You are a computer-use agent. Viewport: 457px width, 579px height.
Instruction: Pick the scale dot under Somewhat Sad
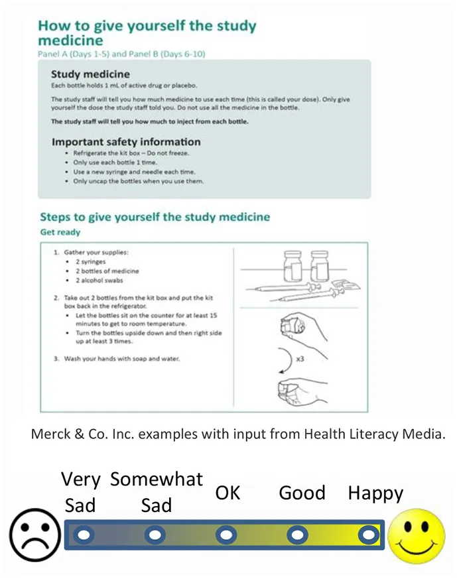(x=155, y=535)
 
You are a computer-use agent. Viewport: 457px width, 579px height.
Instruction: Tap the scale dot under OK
(x=226, y=535)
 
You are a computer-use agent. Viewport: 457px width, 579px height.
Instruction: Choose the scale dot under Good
(x=297, y=535)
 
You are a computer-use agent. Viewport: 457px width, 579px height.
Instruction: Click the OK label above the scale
(x=227, y=493)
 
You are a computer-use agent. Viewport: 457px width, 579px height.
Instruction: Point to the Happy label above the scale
(x=375, y=494)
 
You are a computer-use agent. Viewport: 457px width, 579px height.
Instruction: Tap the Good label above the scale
(x=302, y=493)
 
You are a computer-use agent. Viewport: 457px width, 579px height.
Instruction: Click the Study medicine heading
(x=90, y=74)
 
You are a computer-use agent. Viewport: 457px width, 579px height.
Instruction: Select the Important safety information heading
(x=125, y=142)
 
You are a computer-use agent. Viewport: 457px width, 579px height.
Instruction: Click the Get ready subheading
(x=60, y=232)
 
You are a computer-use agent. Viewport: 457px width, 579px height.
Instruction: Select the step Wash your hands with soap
(x=121, y=359)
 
